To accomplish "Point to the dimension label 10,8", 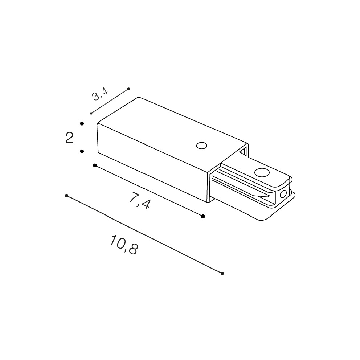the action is tap(124, 245).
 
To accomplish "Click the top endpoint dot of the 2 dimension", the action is tap(82, 123).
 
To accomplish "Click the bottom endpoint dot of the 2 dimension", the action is tap(82, 151).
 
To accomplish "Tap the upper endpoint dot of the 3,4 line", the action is tap(128, 89).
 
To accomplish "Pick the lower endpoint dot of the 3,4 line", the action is tap(91, 114).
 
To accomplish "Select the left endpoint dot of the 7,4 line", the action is tap(95, 165).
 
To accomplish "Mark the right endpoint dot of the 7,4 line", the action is tap(203, 216).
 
